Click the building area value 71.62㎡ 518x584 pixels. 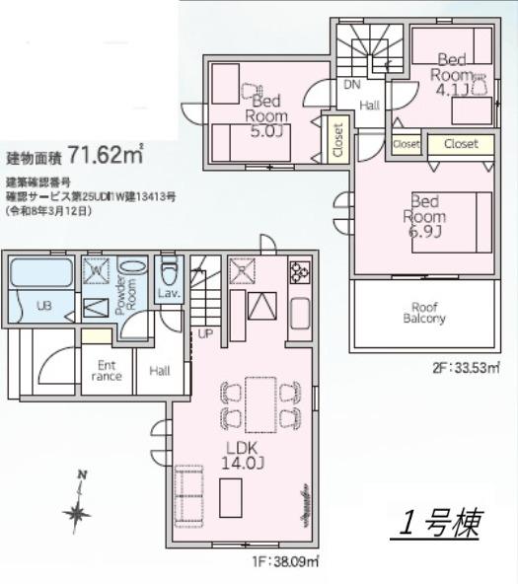(107, 155)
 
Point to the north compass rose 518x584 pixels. (76, 509)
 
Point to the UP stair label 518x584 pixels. (205, 333)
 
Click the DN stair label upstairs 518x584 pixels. (351, 85)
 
